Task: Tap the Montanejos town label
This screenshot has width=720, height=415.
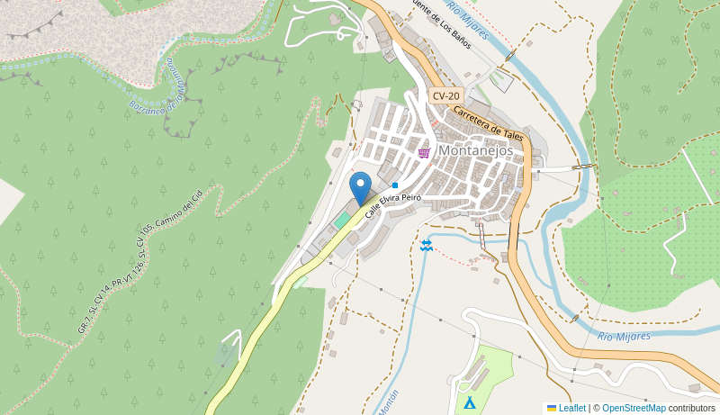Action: click(x=476, y=150)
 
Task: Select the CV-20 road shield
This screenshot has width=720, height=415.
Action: click(x=445, y=95)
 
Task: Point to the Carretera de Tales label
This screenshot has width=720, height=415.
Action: click(x=488, y=122)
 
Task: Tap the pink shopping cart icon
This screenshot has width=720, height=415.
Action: click(x=424, y=153)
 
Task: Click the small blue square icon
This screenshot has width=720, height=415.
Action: click(x=395, y=185)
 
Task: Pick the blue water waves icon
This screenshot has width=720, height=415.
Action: click(x=426, y=246)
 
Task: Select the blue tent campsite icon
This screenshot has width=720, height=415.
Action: click(x=469, y=402)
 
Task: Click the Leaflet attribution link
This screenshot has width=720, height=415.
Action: click(x=571, y=408)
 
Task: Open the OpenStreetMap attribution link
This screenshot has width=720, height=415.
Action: click(x=634, y=408)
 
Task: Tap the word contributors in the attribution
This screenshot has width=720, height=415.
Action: click(x=692, y=408)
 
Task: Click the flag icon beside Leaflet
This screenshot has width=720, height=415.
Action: click(x=552, y=408)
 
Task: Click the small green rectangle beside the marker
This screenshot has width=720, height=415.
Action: click(x=342, y=220)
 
